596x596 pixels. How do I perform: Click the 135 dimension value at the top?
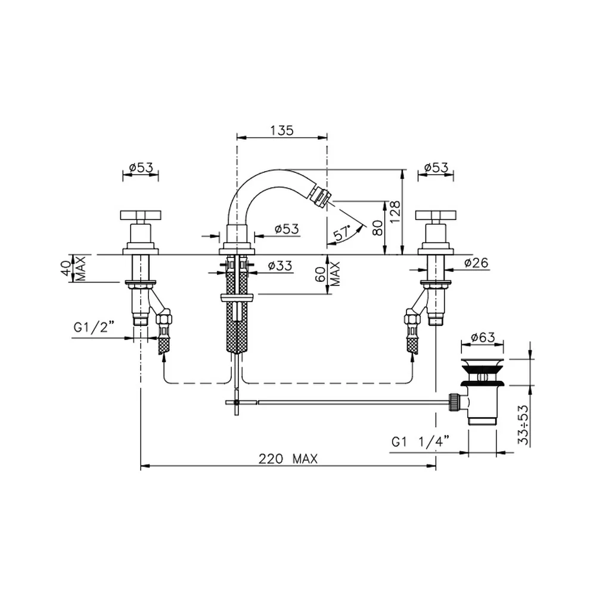282,131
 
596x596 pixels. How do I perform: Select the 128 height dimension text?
395,212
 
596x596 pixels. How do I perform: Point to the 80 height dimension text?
378,228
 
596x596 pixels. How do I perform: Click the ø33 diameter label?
280,265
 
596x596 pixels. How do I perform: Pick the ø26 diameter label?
476,263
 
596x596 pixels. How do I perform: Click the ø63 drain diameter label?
483,337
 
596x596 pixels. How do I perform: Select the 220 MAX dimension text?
288,459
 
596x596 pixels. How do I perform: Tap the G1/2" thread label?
94,328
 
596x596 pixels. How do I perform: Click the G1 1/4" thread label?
420,442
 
